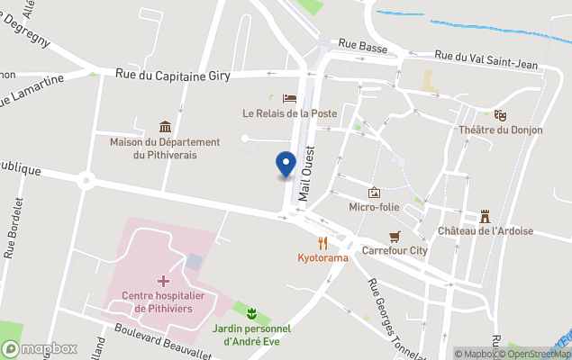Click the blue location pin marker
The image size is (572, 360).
285,165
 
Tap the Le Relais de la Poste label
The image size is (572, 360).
288,113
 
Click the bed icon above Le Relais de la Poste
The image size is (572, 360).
288,98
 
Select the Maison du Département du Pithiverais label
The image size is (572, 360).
165,148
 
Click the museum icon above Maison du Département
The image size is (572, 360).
165,127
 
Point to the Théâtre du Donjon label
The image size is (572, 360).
501,130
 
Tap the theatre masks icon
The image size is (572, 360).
500,114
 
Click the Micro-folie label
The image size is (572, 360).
375,207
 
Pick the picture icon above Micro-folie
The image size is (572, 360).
375,192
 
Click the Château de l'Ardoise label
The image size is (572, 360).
485,230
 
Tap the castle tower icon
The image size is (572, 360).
485,215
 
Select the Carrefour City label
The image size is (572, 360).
394,251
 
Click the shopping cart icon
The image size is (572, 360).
394,236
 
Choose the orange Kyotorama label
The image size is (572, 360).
322,257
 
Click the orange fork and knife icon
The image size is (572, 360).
322,242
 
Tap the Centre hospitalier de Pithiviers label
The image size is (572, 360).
164,301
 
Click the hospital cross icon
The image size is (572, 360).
163,281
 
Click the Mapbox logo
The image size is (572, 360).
40,348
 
